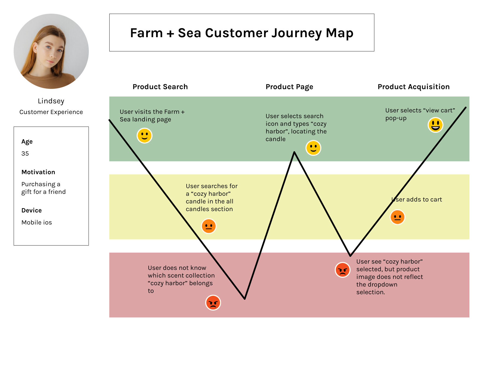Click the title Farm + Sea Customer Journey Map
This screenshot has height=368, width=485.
[242, 33]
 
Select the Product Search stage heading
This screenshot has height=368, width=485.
[160, 87]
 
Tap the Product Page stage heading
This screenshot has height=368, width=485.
[289, 87]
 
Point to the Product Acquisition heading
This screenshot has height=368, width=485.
[413, 87]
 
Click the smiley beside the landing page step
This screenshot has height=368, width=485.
[144, 136]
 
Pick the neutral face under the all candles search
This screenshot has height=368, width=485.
[209, 226]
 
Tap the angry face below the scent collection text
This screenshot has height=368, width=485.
[213, 303]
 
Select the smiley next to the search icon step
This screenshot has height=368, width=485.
[313, 148]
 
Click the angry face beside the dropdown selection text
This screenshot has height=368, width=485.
[342, 270]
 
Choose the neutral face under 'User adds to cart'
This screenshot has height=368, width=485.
[398, 217]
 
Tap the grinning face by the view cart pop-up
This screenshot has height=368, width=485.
[435, 125]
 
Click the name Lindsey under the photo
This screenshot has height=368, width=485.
[51, 101]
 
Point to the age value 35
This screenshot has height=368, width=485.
[25, 154]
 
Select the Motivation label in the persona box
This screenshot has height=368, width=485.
[38, 172]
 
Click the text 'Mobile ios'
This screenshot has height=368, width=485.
[37, 223]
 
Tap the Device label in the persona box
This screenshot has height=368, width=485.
[32, 210]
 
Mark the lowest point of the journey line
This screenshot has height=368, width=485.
[245, 299]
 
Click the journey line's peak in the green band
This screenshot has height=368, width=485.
[294, 152]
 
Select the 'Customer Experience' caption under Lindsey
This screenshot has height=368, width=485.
[51, 112]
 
